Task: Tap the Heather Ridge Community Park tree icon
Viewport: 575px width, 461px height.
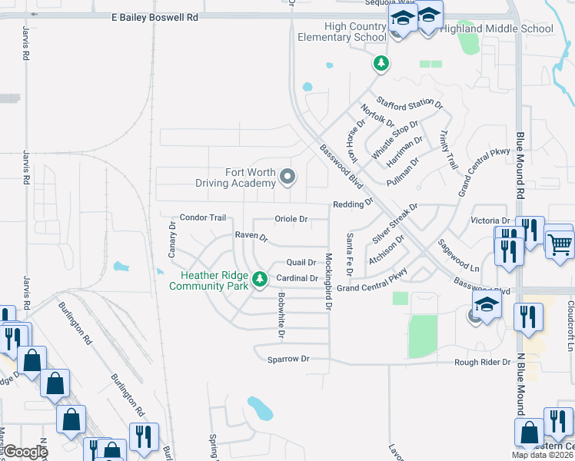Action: pyautogui.click(x=261, y=277)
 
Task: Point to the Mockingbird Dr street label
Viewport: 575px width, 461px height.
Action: pyautogui.click(x=328, y=281)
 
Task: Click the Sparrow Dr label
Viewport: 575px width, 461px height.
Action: pyautogui.click(x=288, y=359)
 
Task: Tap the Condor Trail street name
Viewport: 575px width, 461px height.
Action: pyautogui.click(x=202, y=217)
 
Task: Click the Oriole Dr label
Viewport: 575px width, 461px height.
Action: pyautogui.click(x=291, y=219)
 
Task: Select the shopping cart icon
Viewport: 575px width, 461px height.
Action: pyautogui.click(x=560, y=245)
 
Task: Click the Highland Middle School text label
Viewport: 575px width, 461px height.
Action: pyautogui.click(x=507, y=29)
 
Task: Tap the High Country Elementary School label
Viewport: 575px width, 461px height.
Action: pyautogui.click(x=344, y=32)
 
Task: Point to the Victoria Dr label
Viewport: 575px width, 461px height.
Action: pyautogui.click(x=489, y=221)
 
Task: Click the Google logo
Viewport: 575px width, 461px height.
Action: pyautogui.click(x=25, y=453)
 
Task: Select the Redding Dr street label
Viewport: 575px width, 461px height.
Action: pyautogui.click(x=352, y=204)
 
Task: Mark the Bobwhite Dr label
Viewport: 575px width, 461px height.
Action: pyautogui.click(x=281, y=316)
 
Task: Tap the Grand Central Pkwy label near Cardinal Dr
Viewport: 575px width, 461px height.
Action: pyautogui.click(x=371, y=287)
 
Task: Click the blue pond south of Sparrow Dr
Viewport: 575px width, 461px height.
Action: pyautogui.click(x=260, y=408)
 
